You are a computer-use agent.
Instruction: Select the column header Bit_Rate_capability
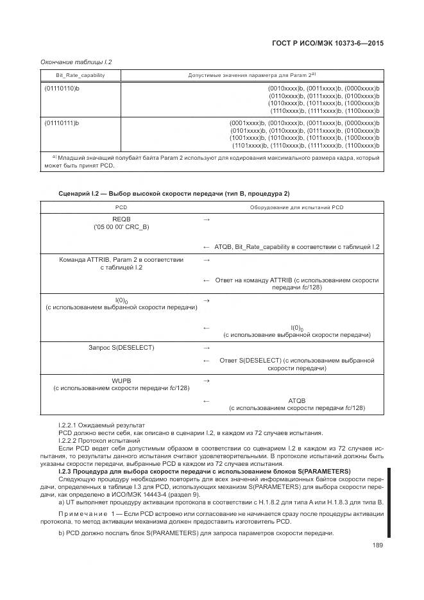coord(72,75)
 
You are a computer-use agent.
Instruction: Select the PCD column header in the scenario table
coord(121,207)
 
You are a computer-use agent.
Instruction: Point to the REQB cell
coord(121,219)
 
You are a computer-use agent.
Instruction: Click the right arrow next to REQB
coord(207,219)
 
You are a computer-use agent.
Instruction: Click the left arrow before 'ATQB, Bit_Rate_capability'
coord(207,247)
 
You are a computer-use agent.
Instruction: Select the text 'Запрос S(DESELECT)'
coord(121,348)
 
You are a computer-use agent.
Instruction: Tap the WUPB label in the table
coord(121,380)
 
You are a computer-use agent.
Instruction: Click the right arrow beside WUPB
coord(207,381)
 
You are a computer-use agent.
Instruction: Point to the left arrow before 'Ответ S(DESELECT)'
coord(207,361)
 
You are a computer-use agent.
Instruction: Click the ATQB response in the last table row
coord(297,400)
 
